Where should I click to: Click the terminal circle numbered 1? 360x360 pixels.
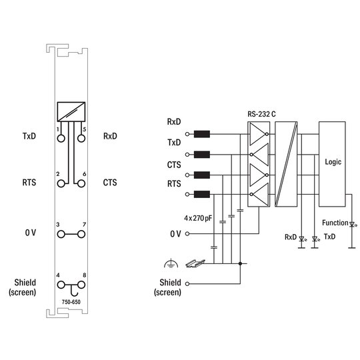(x=61, y=139)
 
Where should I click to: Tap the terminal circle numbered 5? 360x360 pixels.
(x=81, y=139)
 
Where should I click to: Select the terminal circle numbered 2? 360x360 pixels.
(x=61, y=184)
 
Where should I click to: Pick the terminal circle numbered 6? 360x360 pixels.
(x=81, y=184)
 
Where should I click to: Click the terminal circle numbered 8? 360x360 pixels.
(x=81, y=285)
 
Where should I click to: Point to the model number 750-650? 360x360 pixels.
(x=71, y=302)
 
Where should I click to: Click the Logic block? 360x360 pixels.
(x=332, y=164)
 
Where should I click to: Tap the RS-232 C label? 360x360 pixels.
(x=261, y=114)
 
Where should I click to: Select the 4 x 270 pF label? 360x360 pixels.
(x=198, y=218)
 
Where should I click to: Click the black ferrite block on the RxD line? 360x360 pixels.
(x=202, y=134)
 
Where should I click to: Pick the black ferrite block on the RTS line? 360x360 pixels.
(x=202, y=194)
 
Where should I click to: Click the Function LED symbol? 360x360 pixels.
(x=352, y=224)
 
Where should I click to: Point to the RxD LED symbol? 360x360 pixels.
(x=302, y=239)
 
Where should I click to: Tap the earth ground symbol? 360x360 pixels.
(x=171, y=263)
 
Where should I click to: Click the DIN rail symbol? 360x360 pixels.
(x=195, y=263)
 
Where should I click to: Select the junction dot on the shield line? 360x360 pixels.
(x=240, y=263)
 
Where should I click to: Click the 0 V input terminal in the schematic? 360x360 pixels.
(x=187, y=234)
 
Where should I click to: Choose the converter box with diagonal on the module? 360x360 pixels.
(x=71, y=112)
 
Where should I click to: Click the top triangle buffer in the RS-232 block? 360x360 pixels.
(x=259, y=134)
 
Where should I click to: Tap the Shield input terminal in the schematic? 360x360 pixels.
(x=187, y=284)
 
